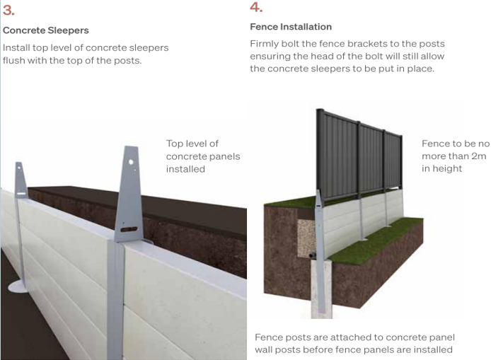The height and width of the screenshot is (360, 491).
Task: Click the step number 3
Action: point(8,11)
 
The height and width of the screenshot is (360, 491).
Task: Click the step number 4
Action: point(256,7)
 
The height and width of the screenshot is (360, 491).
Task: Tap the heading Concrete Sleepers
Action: point(46,30)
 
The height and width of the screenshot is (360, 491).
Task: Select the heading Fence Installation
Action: point(291,27)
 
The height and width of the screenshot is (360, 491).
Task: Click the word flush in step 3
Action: point(13,60)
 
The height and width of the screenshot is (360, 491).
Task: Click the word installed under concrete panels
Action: point(185,169)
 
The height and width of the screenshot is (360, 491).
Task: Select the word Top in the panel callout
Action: point(175,144)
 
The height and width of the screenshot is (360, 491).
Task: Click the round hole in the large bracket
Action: point(131,162)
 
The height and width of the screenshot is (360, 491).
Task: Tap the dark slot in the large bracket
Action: point(129,229)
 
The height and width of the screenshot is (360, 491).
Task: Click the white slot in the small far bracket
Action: point(21,194)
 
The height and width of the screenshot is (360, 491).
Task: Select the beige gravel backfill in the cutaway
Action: point(306,237)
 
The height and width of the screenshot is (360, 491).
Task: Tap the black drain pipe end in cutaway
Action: point(312,256)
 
